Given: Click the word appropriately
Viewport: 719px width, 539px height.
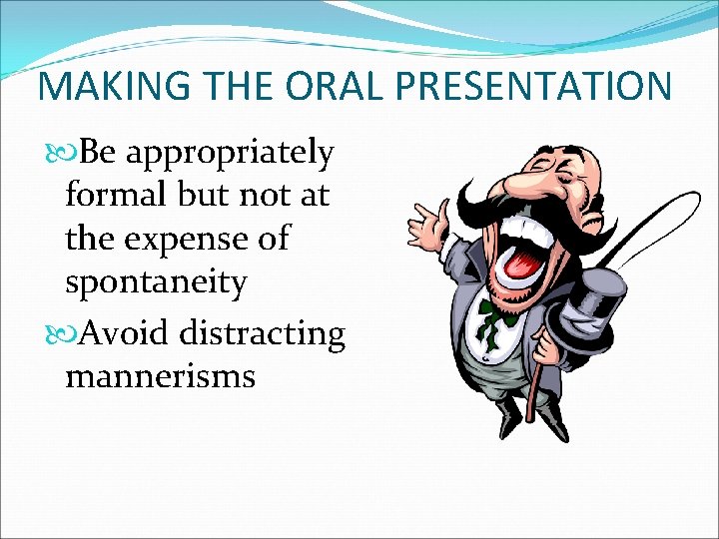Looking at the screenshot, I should [x=231, y=154].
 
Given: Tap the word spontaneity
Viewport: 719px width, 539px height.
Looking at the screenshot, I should [x=155, y=282].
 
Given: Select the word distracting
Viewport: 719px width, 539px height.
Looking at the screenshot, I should [x=263, y=331].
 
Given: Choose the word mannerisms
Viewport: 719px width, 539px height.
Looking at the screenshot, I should [x=160, y=376].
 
